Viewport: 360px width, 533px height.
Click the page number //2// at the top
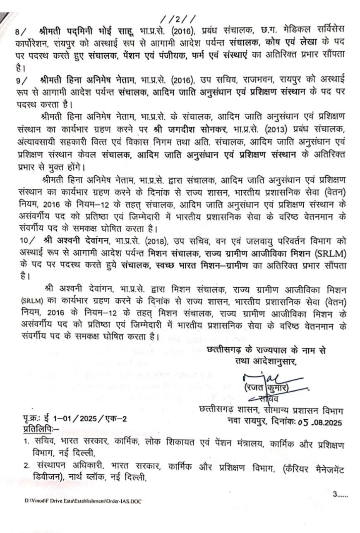(x=175, y=19)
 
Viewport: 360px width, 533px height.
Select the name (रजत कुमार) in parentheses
(x=266, y=389)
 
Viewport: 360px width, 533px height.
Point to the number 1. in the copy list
(x=26, y=441)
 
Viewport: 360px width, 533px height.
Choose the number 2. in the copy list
(x=26, y=466)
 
